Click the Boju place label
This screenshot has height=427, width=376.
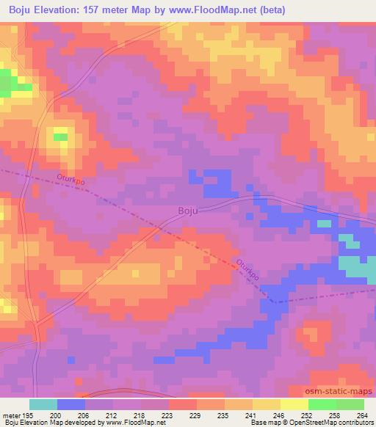tap(188, 211)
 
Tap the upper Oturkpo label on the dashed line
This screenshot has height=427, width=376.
tap(72, 179)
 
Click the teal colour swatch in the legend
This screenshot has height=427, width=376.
tap(43, 404)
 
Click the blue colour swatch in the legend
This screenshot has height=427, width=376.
tap(71, 404)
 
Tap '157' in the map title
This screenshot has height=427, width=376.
tap(98, 10)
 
